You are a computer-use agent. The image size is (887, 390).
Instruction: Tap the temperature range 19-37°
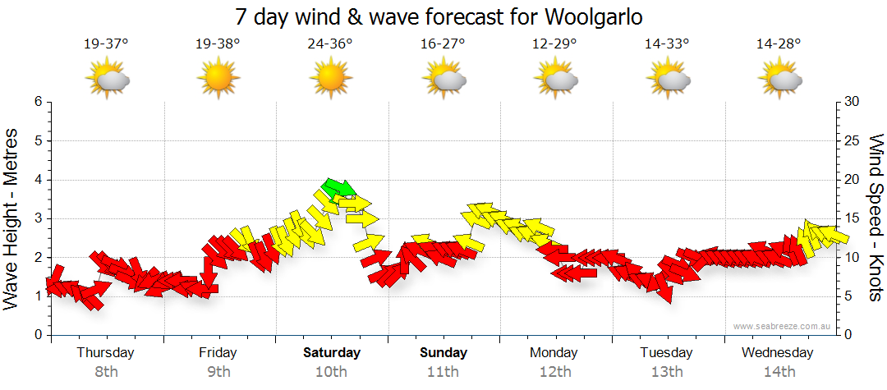[x=106, y=44]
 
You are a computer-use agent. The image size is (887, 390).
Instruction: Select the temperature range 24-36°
[x=330, y=44]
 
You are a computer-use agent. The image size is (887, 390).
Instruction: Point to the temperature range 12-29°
[x=554, y=44]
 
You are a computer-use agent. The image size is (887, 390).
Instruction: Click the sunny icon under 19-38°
[x=218, y=79]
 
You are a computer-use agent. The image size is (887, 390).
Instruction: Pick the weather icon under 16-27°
[x=443, y=79]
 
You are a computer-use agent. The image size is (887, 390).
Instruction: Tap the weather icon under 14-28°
[x=779, y=79]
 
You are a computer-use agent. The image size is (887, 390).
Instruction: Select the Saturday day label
[x=332, y=353]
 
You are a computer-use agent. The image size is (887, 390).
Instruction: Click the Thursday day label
[x=106, y=353]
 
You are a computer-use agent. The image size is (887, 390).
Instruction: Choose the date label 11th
[x=443, y=372]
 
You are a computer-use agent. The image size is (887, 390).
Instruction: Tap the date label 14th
[x=779, y=372]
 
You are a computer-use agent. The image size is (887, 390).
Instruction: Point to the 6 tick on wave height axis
[x=38, y=102]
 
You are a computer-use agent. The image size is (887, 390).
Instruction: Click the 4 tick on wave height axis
[x=38, y=180]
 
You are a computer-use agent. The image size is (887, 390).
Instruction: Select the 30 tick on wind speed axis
[x=853, y=102]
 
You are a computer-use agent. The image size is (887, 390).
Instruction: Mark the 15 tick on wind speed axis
[x=853, y=218]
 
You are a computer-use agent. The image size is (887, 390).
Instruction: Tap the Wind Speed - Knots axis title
[x=876, y=218]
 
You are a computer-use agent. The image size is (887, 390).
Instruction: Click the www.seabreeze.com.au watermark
[x=784, y=326]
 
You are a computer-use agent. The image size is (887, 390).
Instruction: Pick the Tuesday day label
[x=667, y=353]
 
